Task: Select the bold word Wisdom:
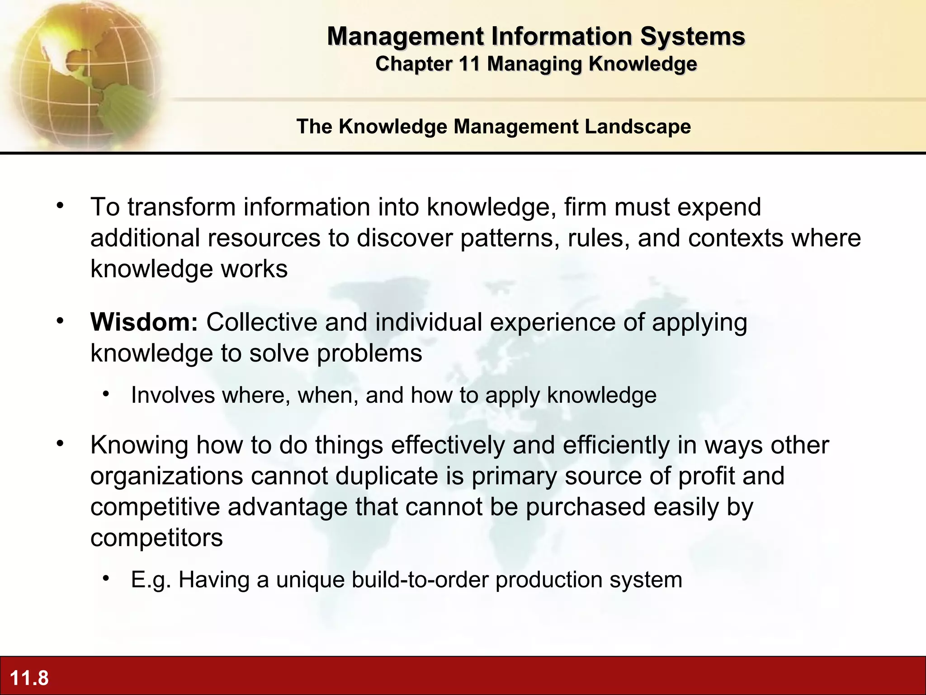(144, 322)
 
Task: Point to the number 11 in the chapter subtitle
(469, 64)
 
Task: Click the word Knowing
(139, 445)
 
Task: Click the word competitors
(156, 538)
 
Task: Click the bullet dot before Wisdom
(60, 321)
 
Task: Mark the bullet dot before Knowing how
(60, 444)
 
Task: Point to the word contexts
(736, 238)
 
